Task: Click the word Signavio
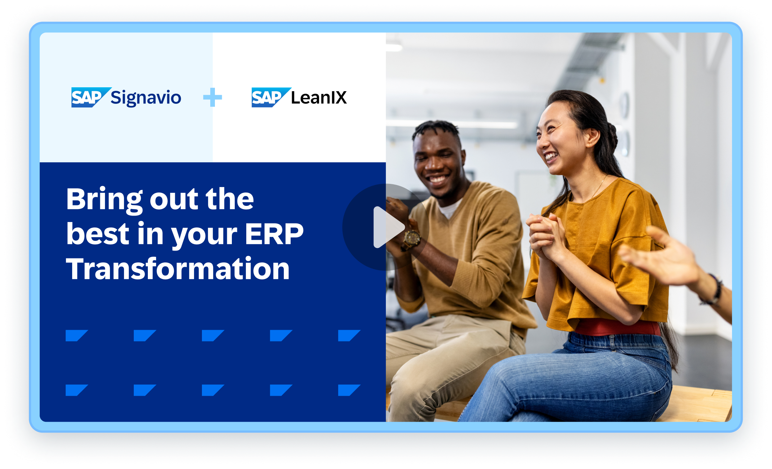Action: point(146,98)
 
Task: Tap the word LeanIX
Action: point(319,98)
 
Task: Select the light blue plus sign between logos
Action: point(212,97)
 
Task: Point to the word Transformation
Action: point(178,269)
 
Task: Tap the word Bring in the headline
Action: point(104,199)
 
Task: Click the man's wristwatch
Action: point(411,239)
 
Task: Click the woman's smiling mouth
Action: point(550,157)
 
